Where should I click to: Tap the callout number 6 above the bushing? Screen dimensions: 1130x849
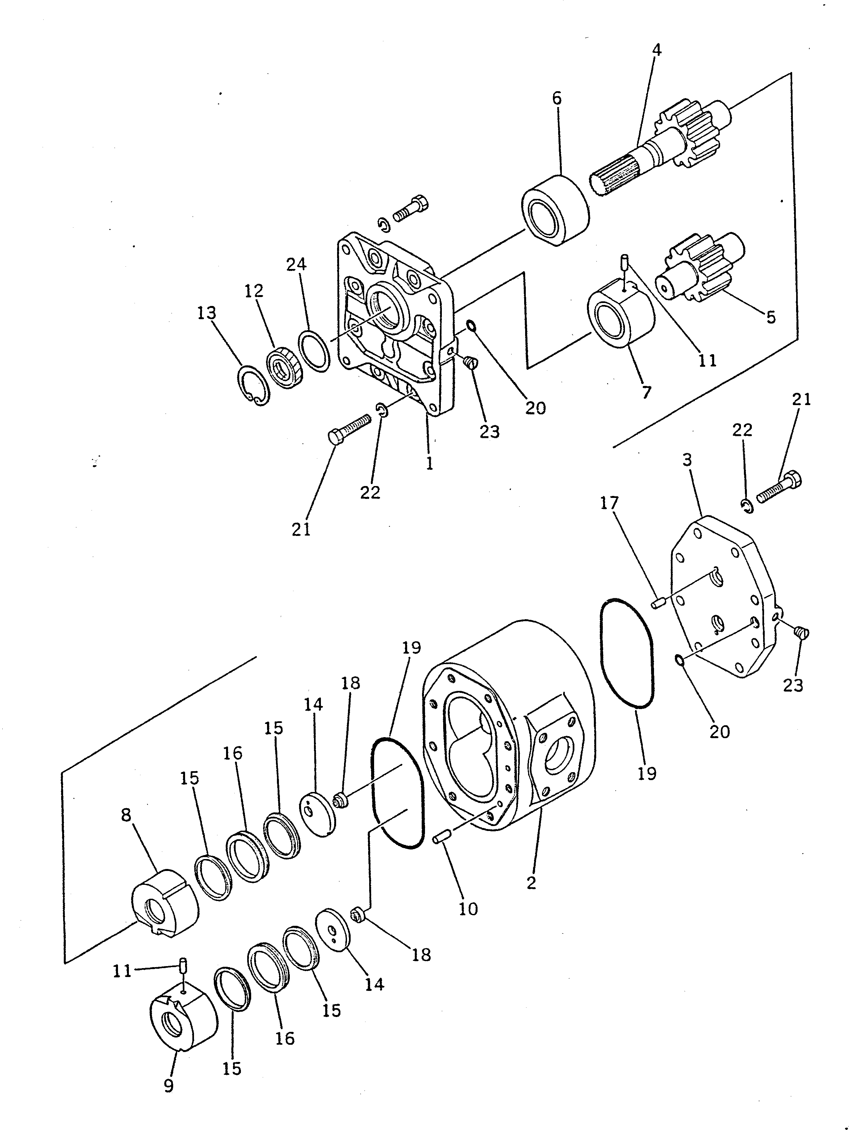[x=557, y=98]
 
